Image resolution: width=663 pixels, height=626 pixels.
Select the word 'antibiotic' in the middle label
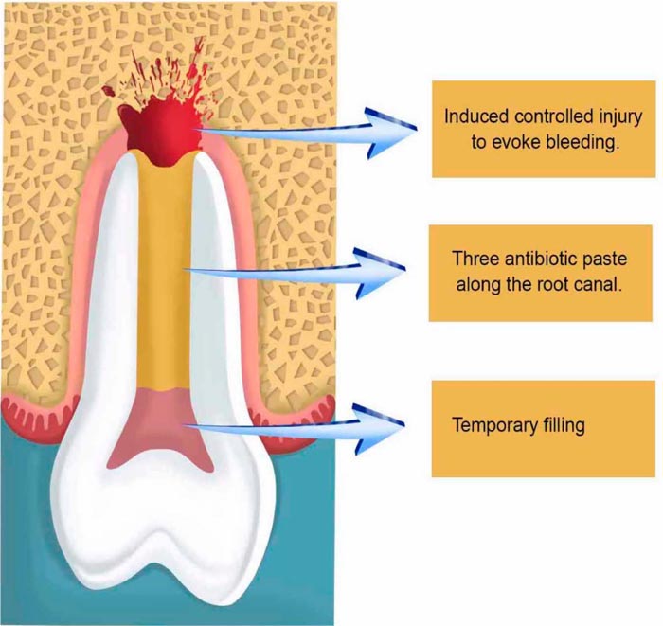537,259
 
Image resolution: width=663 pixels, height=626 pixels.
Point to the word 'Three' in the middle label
475,259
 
